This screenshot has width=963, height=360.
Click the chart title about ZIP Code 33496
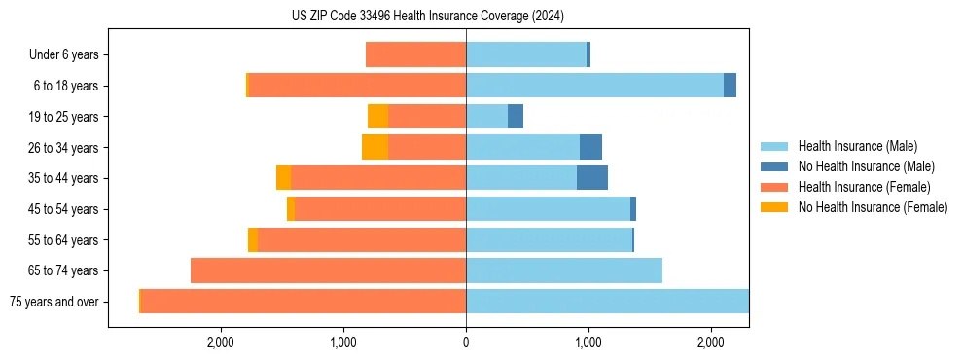pyautogui.click(x=427, y=17)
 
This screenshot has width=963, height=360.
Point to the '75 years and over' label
pyautogui.click(x=54, y=302)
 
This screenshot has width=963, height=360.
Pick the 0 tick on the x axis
pyautogui.click(x=466, y=342)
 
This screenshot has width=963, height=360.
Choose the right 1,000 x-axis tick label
pyautogui.click(x=588, y=342)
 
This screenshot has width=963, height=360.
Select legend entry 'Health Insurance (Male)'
pyautogui.click(x=857, y=147)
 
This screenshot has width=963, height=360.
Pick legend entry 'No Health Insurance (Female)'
pyautogui.click(x=873, y=207)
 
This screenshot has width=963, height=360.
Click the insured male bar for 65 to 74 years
pyautogui.click(x=564, y=270)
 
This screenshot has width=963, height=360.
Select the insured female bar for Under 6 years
pyautogui.click(x=415, y=54)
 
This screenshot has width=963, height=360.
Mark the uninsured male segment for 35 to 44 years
pyautogui.click(x=592, y=178)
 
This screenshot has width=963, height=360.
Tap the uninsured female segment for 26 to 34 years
pyautogui.click(x=374, y=147)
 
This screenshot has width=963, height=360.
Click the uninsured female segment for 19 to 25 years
pyautogui.click(x=377, y=117)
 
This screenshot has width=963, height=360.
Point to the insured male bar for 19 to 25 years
pyautogui.click(x=486, y=117)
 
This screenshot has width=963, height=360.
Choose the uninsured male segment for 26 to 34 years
pyautogui.click(x=590, y=147)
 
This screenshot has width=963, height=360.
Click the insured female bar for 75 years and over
pyautogui.click(x=303, y=302)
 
